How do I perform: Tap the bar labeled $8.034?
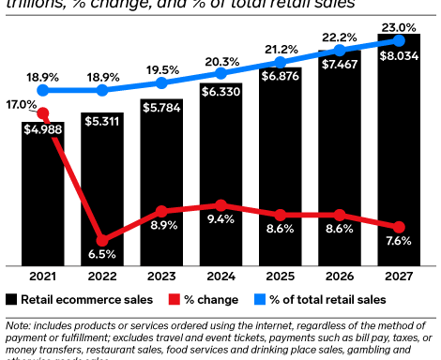click(399, 150)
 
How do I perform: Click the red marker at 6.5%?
click(101, 240)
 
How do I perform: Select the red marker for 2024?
click(220, 205)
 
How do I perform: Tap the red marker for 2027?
click(399, 227)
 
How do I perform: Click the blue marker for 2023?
click(160, 83)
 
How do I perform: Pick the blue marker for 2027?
click(399, 40)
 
